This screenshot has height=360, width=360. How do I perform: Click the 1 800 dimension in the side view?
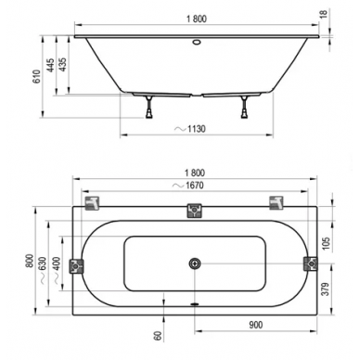pos(197,19)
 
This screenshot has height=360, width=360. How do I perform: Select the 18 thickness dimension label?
pos(324,14)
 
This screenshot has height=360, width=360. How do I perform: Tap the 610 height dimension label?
pos(36,77)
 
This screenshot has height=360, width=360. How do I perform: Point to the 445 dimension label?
pos(50,65)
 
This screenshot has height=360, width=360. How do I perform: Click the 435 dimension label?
pos(62,65)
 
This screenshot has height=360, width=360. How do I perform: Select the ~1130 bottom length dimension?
pos(190,128)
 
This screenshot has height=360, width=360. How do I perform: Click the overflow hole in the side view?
pos(197,42)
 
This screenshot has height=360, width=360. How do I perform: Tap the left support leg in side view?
pos(149,107)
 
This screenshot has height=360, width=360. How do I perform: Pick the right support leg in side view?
pos(244,107)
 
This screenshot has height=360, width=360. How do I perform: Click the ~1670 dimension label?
pos(188,186)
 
